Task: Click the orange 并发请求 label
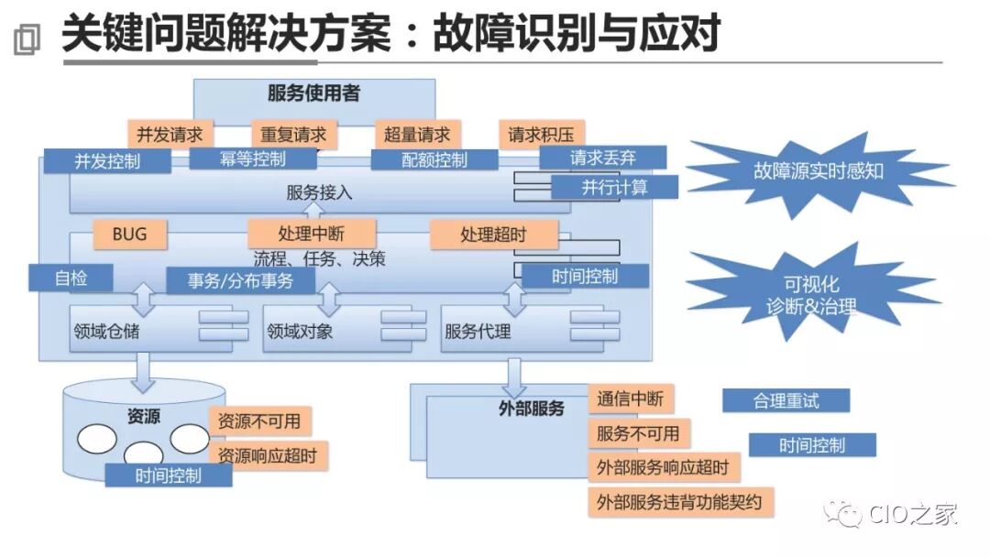pos(170,134)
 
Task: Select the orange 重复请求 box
pos(293,134)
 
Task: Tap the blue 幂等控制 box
pos(253,158)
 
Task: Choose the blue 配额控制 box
pos(434,159)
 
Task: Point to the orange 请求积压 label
pos(541,134)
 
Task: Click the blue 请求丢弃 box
pos(602,158)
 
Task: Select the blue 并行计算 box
pos(614,187)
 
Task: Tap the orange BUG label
pos(129,235)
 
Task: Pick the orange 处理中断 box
pos(312,235)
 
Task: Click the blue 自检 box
pos(71,278)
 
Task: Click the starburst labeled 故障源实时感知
pos(819,171)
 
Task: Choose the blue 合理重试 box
pos(786,400)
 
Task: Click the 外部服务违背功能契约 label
pos(679,502)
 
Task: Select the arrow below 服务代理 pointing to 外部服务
pos(515,372)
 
